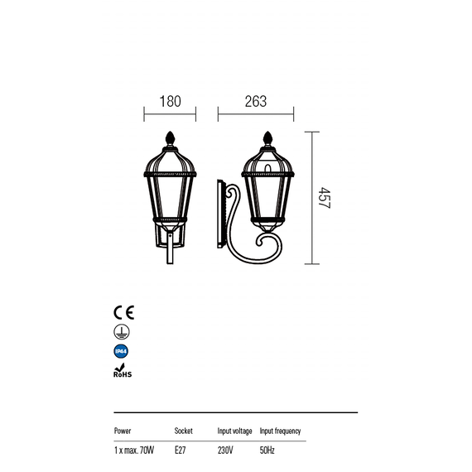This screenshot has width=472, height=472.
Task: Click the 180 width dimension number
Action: click(x=170, y=102)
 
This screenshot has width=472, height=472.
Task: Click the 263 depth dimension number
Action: click(x=256, y=102)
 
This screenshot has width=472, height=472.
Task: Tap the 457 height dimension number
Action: click(x=325, y=198)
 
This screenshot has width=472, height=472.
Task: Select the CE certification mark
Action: click(x=123, y=312)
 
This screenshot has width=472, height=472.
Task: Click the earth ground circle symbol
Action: click(x=122, y=332)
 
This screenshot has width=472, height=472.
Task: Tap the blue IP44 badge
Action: click(x=121, y=351)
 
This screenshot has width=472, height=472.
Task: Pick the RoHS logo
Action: click(x=123, y=370)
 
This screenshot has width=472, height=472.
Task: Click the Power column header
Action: click(x=123, y=431)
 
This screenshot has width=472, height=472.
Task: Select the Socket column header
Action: click(x=183, y=431)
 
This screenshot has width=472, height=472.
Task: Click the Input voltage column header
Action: click(x=235, y=431)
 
